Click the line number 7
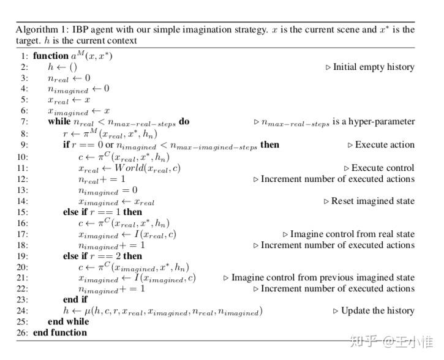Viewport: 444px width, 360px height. click(23, 121)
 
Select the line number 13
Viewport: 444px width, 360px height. click(22, 190)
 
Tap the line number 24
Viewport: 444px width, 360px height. click(22, 310)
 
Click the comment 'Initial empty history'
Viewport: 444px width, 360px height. click(374, 67)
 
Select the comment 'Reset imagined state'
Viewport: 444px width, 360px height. click(372, 201)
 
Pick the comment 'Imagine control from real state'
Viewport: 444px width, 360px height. click(352, 234)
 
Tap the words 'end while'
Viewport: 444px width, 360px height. click(68, 321)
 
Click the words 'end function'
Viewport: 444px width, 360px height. click(60, 332)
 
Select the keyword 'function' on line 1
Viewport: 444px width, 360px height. click(51, 56)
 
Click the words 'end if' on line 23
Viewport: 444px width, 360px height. click(75, 299)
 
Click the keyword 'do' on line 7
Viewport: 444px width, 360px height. click(184, 121)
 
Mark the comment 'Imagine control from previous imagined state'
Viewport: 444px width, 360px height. click(323, 277)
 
